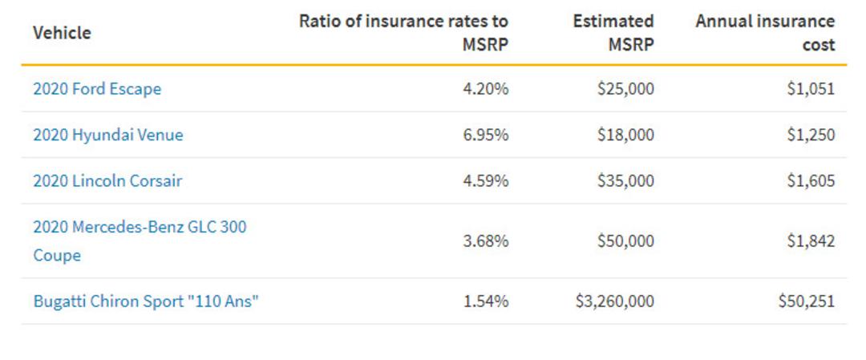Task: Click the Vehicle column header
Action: [62, 33]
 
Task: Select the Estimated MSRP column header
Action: [613, 33]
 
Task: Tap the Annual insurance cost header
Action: [765, 33]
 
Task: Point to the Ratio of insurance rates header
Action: [403, 33]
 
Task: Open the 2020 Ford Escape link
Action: [97, 89]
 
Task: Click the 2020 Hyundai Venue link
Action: [108, 135]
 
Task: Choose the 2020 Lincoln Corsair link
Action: [107, 181]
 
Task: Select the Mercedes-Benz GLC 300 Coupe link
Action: [140, 241]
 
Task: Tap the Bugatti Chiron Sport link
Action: [146, 301]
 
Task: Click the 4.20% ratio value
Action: [485, 89]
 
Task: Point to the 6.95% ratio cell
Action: [485, 135]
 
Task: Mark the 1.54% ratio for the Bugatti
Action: [485, 301]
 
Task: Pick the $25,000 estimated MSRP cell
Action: [625, 89]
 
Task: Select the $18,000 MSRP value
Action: [625, 135]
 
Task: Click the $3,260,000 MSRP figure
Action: [615, 301]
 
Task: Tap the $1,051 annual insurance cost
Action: [811, 89]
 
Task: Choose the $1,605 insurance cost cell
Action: [811, 181]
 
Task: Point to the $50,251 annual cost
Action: [807, 301]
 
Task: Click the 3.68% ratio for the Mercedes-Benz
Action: [485, 241]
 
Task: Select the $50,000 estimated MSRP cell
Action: [625, 241]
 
